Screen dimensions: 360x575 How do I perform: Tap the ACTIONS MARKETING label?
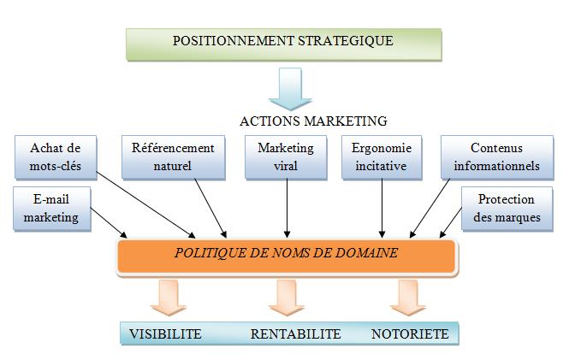(313, 121)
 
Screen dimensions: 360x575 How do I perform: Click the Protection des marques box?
(506, 208)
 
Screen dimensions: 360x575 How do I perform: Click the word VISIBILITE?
(165, 333)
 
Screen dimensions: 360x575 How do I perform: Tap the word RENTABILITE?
(295, 333)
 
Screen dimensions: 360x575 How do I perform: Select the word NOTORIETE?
(410, 333)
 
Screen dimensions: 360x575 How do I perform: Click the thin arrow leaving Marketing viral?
(286, 206)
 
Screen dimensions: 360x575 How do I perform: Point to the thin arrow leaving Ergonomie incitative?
(382, 206)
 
